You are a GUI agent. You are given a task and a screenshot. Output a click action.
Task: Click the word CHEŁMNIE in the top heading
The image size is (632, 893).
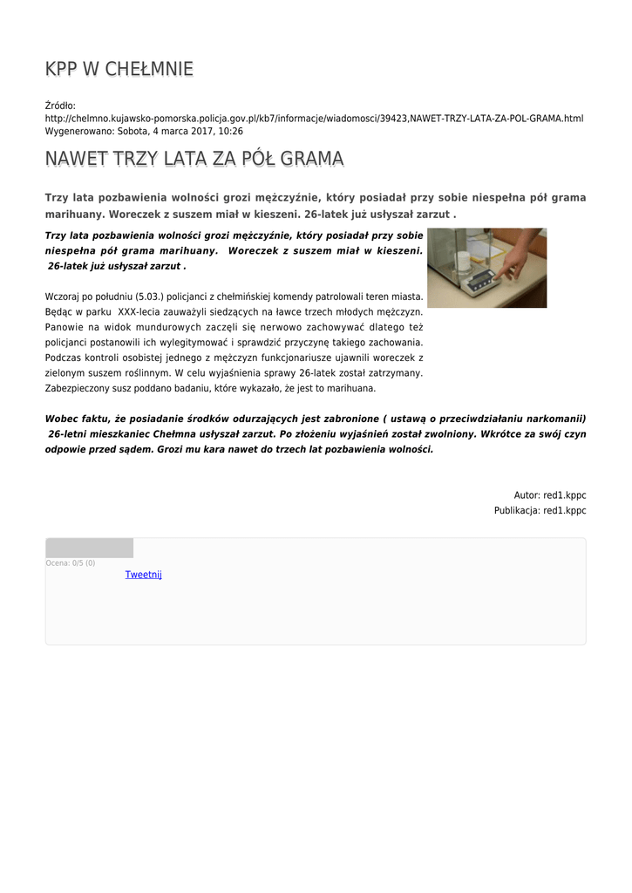tap(149, 69)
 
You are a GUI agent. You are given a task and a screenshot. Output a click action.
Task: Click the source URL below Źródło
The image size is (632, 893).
tap(314, 118)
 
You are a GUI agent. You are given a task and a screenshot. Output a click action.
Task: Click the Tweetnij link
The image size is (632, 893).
tap(143, 574)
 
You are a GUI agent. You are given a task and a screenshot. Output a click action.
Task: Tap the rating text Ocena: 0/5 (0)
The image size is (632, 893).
tap(71, 563)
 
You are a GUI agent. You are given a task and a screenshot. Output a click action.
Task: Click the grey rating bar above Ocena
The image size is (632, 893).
tap(89, 548)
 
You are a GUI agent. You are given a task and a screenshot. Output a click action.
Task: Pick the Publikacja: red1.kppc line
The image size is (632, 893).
tap(540, 510)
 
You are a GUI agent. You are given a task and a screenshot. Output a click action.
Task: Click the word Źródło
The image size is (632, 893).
tap(60, 105)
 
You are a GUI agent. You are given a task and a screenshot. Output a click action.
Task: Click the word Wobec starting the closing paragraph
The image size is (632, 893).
tap(61, 419)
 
